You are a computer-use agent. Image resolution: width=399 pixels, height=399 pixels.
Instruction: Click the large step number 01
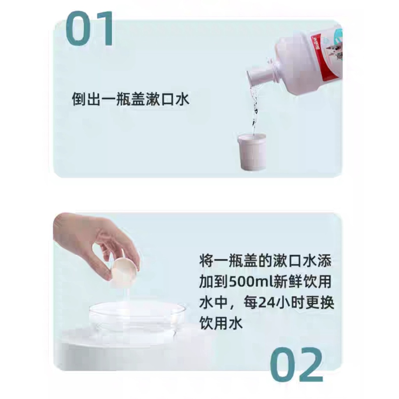pyautogui.click(x=90, y=29)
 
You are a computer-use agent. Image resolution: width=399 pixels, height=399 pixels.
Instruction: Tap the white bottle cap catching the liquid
pyautogui.click(x=252, y=152)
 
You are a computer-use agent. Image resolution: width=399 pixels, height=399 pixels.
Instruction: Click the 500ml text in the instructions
pyautogui.click(x=244, y=282)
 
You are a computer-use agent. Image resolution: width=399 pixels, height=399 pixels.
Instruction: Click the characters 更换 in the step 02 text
pyautogui.click(x=317, y=303)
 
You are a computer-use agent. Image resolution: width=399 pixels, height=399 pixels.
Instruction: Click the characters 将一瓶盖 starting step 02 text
pyautogui.click(x=228, y=261)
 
